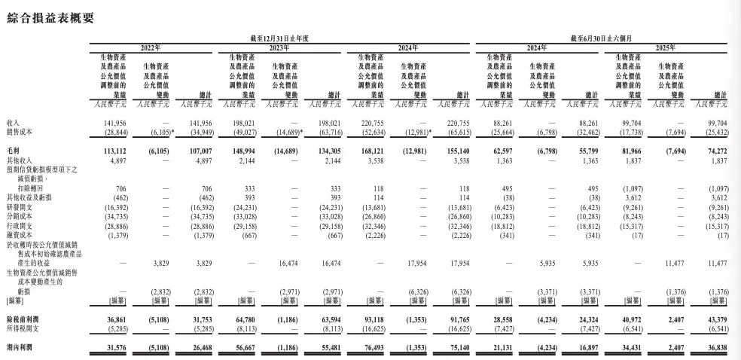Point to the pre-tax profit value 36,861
tap(115, 319)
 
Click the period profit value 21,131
tap(500, 349)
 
